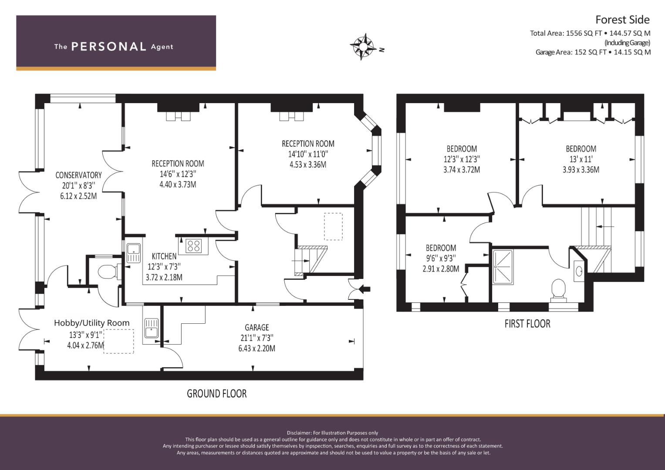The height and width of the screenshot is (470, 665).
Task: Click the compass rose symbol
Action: pyautogui.click(x=363, y=47)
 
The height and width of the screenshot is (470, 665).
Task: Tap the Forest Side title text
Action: pyautogui.click(x=623, y=20)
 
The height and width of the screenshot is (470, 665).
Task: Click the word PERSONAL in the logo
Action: pyautogui.click(x=109, y=47)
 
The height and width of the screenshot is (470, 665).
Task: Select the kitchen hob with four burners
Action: pyautogui.click(x=193, y=246)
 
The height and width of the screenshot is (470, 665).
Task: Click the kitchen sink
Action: pyautogui.click(x=134, y=253)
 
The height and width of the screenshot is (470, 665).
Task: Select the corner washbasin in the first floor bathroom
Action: pyautogui.click(x=579, y=271)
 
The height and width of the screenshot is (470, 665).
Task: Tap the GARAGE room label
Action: pyautogui.click(x=257, y=328)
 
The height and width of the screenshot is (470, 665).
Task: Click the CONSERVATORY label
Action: pyautogui.click(x=79, y=175)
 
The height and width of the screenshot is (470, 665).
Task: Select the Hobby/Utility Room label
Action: pyautogui.click(x=92, y=323)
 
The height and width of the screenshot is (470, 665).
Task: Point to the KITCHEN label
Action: pyautogui.click(x=164, y=256)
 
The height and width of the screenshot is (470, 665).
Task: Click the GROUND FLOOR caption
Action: pyautogui.click(x=217, y=393)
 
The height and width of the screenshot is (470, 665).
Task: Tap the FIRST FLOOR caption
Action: pyautogui.click(x=527, y=323)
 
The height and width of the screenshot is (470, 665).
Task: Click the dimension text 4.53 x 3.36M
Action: pyautogui.click(x=308, y=164)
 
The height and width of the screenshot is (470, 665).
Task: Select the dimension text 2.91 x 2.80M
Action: pyautogui.click(x=441, y=269)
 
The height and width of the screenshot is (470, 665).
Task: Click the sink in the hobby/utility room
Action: pyautogui.click(x=152, y=329)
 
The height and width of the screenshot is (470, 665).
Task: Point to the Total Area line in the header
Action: pyautogui.click(x=590, y=33)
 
